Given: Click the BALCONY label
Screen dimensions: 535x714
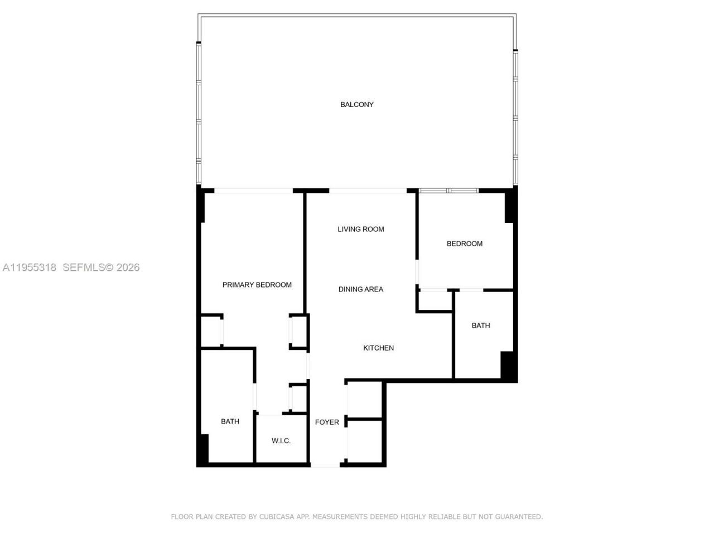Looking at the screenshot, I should [357, 105].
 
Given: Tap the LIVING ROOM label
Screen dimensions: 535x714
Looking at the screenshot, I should [361, 229].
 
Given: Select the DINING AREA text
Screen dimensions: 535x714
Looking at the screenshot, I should [361, 289].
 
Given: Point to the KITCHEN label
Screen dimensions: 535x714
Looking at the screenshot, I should [379, 348].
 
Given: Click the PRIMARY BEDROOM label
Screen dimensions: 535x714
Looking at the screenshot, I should [257, 285].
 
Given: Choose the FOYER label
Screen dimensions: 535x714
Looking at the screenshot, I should [327, 422].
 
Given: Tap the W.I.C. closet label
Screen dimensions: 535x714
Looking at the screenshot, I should [281, 441].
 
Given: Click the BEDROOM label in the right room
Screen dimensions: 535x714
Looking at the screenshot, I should [465, 244].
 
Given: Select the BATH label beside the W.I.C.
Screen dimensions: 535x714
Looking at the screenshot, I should [230, 421].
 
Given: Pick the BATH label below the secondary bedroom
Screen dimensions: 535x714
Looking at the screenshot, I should [481, 325].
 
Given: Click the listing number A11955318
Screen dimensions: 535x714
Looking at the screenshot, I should [29, 267].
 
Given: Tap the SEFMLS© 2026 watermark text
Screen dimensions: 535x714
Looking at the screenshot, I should [101, 267].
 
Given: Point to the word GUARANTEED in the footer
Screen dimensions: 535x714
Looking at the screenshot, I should [516, 517].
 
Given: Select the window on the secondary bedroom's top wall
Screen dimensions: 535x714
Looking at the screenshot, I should [449, 191].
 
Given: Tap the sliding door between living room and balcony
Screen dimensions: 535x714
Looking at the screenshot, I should [368, 191].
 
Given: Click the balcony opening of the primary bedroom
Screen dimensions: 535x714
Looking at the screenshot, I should [254, 191].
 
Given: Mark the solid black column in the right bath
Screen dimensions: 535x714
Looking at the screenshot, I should [508, 366].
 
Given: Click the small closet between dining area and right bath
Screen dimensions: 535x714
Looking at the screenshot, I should [435, 301].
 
